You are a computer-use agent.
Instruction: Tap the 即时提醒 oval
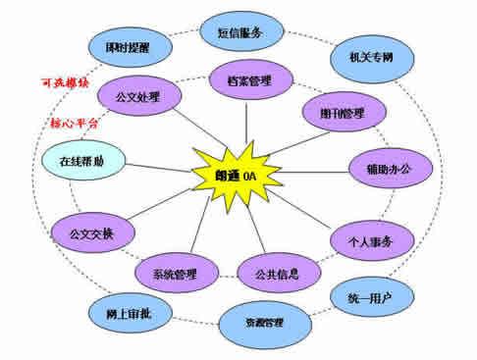click(x=129, y=46)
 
